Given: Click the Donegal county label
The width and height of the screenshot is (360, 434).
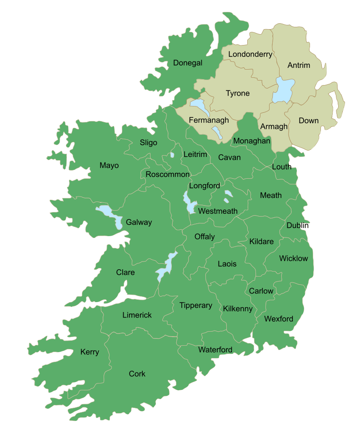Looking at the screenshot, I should (x=187, y=63).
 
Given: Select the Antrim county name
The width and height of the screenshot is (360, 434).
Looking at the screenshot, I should (x=299, y=66).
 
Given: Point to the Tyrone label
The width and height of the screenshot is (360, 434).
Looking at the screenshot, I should (x=238, y=93).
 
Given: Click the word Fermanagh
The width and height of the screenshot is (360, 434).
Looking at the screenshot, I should (x=208, y=121).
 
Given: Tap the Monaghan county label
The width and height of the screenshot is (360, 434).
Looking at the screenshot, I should (x=251, y=141).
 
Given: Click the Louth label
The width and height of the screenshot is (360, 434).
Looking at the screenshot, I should (x=281, y=167).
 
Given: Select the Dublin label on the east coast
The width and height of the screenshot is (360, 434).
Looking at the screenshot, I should (x=297, y=225).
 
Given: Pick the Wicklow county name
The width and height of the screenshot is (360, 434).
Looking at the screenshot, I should (x=293, y=258).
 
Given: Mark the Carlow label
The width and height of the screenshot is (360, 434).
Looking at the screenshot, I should (x=261, y=291).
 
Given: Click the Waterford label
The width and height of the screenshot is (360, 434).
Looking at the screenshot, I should (x=215, y=350).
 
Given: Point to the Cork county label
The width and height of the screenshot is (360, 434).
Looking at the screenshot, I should (x=137, y=373).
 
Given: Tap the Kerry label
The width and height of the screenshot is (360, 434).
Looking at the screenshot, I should (x=90, y=352).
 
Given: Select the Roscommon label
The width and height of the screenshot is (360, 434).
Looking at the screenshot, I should (x=167, y=174).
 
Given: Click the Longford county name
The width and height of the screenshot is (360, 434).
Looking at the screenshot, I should (x=204, y=186).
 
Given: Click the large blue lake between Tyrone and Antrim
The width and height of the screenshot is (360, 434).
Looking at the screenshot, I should (x=283, y=90).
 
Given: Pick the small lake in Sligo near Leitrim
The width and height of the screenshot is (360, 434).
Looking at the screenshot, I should (x=171, y=155).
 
